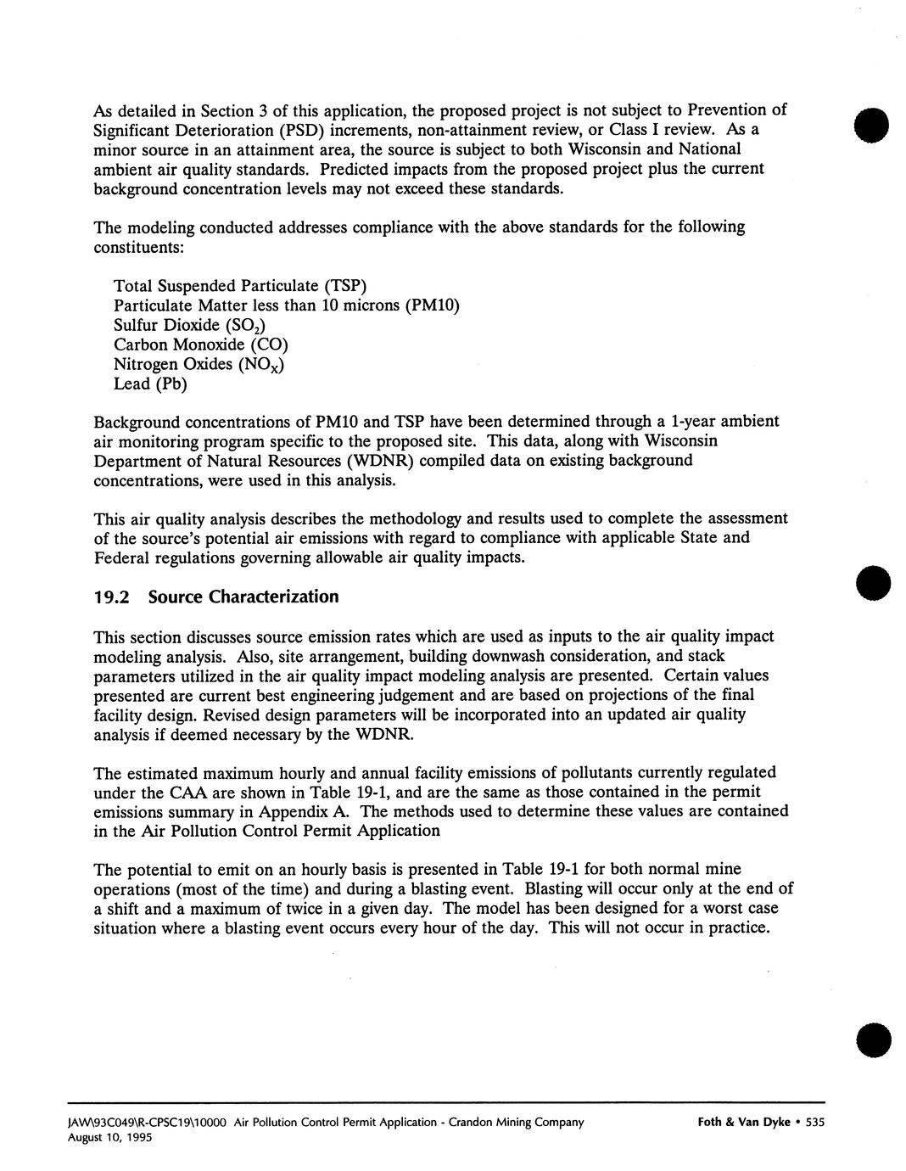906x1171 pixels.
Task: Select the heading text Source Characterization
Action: click(243, 597)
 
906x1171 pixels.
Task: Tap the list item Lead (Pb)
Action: click(150, 384)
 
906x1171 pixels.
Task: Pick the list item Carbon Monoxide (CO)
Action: click(201, 345)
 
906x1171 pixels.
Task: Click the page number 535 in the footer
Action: click(814, 1123)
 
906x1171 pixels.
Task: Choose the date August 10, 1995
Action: click(110, 1138)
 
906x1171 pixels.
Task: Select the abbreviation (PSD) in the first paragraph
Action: click(301, 130)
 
